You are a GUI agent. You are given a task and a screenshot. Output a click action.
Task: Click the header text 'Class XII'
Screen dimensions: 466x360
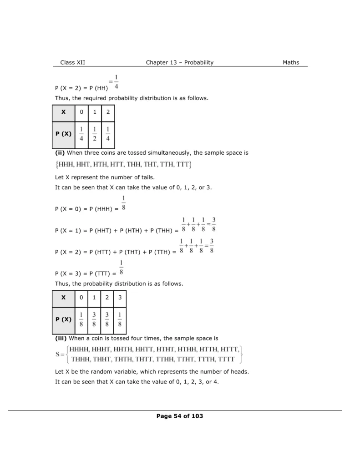point(72,62)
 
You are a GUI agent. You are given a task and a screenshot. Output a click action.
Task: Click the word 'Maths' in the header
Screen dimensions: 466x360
point(291,62)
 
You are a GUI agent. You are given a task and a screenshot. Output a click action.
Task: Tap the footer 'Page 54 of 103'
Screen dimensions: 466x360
point(179,416)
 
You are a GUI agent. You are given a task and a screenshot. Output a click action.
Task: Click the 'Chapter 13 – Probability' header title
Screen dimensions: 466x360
point(179,62)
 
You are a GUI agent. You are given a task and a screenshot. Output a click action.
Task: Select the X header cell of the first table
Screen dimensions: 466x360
point(63,112)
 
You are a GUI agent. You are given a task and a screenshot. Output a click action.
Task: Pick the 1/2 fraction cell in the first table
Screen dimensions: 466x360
point(95,134)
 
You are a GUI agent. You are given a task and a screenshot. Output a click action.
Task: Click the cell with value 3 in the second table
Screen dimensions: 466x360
point(119,297)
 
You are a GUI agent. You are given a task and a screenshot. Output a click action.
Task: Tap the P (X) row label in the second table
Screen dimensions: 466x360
point(64,319)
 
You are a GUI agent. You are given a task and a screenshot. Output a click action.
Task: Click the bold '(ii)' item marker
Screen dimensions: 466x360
point(60,153)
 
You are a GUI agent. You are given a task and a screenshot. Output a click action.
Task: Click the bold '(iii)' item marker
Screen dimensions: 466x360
point(61,338)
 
